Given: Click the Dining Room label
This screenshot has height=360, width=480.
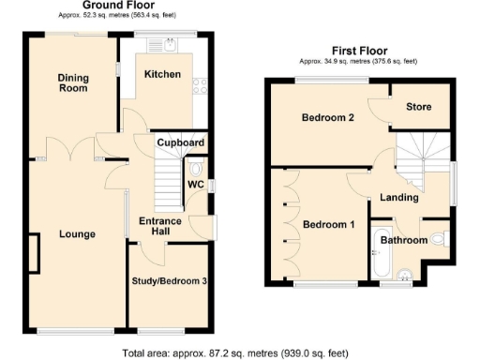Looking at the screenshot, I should [x=72, y=83].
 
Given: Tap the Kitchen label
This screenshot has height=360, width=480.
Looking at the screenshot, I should [x=161, y=74].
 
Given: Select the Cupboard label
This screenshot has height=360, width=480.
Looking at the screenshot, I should [x=180, y=142].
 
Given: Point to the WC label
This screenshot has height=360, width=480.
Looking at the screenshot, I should [x=195, y=184].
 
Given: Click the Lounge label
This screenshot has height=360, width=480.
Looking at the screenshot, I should [x=76, y=233].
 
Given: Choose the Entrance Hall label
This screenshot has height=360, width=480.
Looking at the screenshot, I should [x=154, y=226].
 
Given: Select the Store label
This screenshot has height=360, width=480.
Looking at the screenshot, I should [x=418, y=107].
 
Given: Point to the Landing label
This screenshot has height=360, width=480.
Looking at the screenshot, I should [x=399, y=197].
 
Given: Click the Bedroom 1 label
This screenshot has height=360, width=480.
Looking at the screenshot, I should [x=328, y=224].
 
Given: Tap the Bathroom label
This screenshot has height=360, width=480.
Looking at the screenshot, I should [x=404, y=241].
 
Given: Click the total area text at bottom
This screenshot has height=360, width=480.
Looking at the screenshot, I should [x=235, y=353].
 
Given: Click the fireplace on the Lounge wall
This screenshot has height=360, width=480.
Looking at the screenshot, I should [x=34, y=254].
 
